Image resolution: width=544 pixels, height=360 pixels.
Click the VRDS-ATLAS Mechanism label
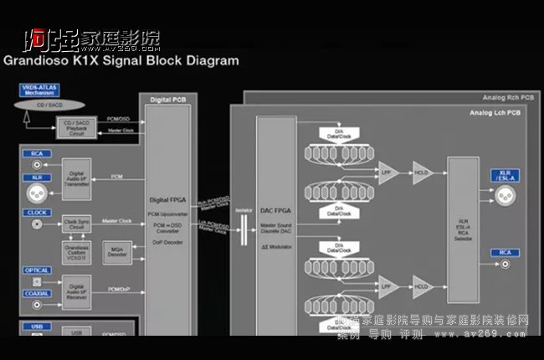point(40,90)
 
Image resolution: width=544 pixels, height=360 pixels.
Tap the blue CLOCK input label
point(37,213)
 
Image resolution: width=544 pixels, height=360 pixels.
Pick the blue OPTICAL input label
point(38,270)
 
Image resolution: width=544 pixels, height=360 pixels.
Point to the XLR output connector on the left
point(37,189)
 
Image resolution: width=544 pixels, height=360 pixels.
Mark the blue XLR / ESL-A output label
point(506,175)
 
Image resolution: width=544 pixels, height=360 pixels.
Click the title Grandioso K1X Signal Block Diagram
point(121,61)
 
